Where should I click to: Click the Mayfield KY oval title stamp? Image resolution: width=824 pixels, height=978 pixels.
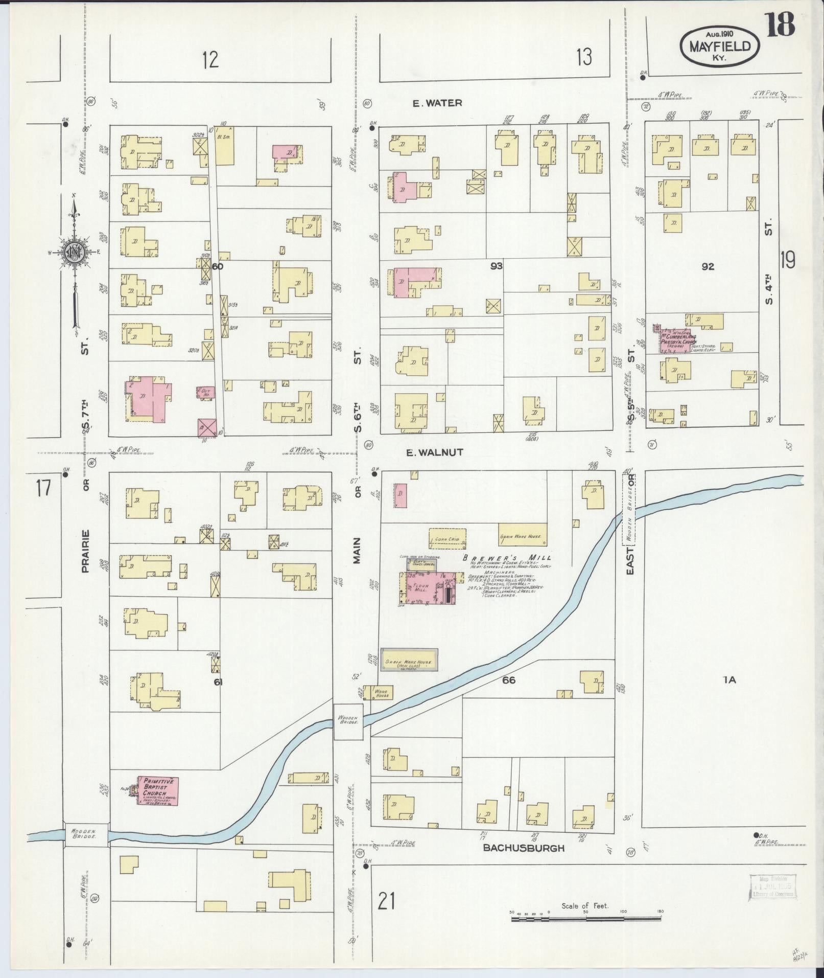[719, 46]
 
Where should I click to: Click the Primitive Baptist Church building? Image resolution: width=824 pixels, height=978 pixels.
[158, 805]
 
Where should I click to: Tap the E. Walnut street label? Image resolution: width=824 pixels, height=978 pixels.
[434, 452]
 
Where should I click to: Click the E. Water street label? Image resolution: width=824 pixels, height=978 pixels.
[437, 103]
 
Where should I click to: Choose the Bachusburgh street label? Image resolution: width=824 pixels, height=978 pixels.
[524, 848]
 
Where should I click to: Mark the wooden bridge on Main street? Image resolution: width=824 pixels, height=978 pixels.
[348, 721]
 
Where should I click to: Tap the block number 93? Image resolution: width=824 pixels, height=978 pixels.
[496, 266]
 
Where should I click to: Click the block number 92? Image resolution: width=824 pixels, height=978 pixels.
[708, 266]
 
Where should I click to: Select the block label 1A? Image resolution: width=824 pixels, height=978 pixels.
[729, 680]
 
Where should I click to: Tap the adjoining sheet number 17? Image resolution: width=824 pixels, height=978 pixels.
[43, 487]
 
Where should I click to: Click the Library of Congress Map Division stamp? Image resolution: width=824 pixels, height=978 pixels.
[771, 885]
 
